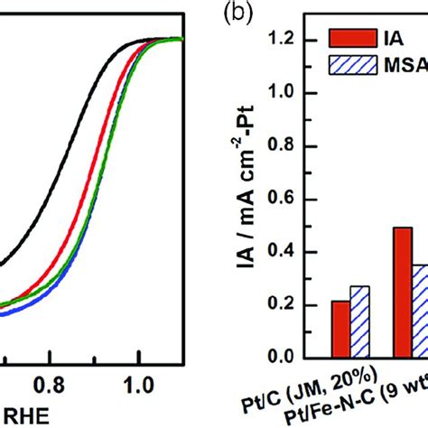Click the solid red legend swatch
point(343,40)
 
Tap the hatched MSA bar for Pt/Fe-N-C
point(420,311)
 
